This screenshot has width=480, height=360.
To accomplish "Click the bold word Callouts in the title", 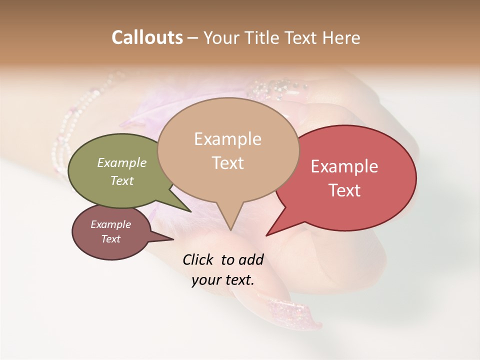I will [147, 37].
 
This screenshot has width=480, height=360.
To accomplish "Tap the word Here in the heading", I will [341, 37].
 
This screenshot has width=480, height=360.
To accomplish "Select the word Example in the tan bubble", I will [227, 139].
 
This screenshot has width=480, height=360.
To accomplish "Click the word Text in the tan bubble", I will [227, 163].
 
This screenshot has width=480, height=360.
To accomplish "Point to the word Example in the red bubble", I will [344, 166].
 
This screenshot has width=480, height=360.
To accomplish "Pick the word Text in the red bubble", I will [344, 190].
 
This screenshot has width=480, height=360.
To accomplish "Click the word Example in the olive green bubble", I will [121, 162].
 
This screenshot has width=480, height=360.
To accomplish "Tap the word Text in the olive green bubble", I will [121, 180].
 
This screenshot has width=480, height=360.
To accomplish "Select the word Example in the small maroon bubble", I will [110, 224].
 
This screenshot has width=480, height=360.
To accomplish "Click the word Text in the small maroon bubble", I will [110, 239].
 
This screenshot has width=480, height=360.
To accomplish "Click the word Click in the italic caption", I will [199, 259].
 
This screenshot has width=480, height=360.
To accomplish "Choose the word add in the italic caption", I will [251, 259].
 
